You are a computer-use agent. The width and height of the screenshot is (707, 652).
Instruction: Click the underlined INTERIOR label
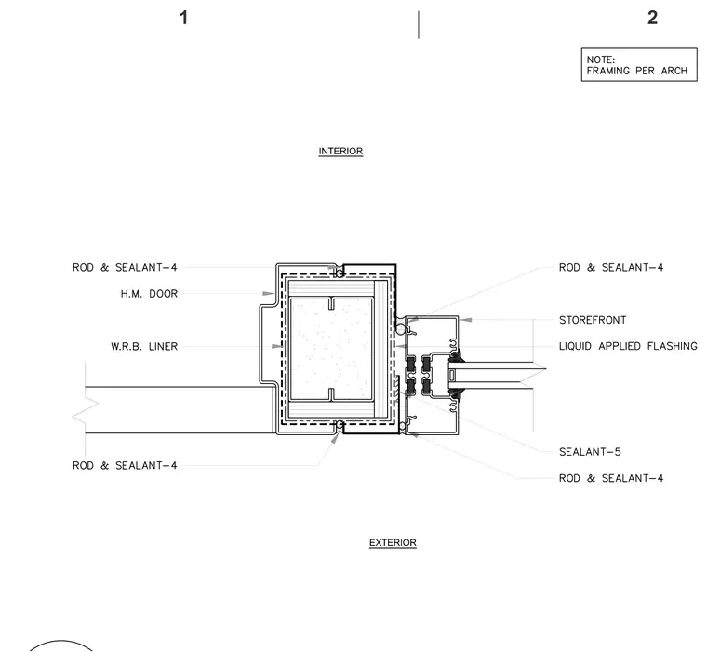click(x=340, y=151)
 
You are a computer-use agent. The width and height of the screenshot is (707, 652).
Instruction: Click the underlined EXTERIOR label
click(x=393, y=542)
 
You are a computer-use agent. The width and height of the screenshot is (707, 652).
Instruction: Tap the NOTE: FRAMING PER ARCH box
click(x=639, y=64)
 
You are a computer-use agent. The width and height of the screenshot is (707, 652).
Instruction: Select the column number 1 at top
click(x=183, y=18)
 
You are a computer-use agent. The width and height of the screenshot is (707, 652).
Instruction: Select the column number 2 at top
click(x=652, y=18)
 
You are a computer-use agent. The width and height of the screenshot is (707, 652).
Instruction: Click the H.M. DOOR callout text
click(x=149, y=294)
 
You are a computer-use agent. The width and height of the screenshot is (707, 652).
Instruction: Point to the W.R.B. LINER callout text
click(x=144, y=347)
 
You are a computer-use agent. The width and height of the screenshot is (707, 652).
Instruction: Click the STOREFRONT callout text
click(x=593, y=320)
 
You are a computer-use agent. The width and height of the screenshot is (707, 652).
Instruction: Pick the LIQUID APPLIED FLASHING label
click(x=628, y=346)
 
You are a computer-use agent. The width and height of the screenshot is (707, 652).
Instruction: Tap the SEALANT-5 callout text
click(x=590, y=452)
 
